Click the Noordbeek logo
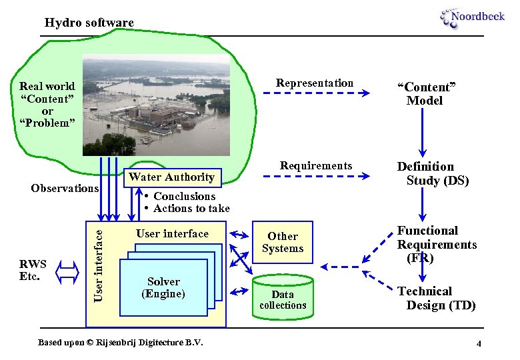tap(472, 17)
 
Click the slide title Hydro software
tap(89, 23)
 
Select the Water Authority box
tap(171, 177)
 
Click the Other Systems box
tap(282, 242)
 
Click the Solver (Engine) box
tap(163, 287)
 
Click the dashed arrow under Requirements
tap(315, 177)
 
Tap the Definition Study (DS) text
tap(433, 173)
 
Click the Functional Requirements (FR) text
tap(436, 244)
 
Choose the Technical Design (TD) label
tap(435, 298)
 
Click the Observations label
tap(65, 188)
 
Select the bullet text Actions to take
tap(191, 209)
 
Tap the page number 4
tap(479, 343)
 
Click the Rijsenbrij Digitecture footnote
tap(120, 343)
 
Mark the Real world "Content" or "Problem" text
tap(47, 104)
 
